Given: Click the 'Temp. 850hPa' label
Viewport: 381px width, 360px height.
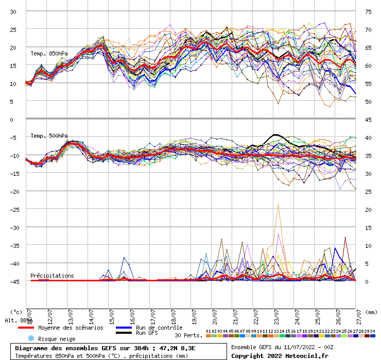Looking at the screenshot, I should tap(49, 53).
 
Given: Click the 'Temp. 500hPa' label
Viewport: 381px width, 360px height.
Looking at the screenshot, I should tap(49, 136).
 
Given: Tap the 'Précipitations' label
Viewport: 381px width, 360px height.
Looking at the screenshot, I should tap(52, 276).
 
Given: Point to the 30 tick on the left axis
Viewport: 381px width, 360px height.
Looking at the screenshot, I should tap(13, 12).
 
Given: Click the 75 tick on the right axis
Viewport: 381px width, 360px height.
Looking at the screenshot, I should tap(368, 12).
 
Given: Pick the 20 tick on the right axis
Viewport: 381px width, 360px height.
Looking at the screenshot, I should tap(368, 210).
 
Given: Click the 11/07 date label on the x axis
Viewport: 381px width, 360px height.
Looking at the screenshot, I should tap(29, 314).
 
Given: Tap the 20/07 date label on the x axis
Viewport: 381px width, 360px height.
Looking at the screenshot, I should tap(215, 314).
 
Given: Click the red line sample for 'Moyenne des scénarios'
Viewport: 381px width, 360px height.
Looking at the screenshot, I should tap(26, 328).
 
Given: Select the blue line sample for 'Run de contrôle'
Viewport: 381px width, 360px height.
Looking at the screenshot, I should tap(123, 328).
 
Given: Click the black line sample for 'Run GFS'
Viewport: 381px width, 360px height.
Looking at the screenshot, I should tap(123, 333).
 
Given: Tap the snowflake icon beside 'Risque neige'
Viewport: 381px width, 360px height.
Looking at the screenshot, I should tap(30, 338).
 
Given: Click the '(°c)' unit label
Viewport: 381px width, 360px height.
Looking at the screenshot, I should tap(16, 312).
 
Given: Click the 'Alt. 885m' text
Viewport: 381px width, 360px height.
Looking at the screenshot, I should tap(19, 320).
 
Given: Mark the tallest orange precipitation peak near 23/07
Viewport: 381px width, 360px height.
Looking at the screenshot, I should tap(279, 204).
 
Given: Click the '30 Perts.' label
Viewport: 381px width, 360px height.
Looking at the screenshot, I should tap(188, 335).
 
